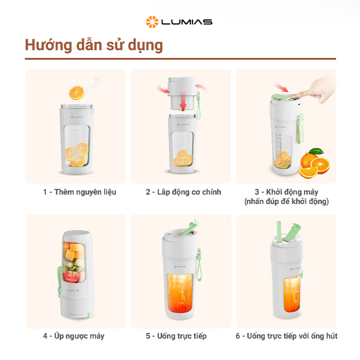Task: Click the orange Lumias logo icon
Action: (x=152, y=22)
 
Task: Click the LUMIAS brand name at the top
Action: (x=187, y=22)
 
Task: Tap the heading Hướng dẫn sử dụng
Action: (x=94, y=45)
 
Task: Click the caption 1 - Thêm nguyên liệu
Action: (x=79, y=192)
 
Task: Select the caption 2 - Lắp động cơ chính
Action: (x=183, y=192)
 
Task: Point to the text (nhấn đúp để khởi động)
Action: (x=287, y=201)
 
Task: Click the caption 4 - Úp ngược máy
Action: (x=74, y=336)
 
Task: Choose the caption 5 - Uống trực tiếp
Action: (x=176, y=336)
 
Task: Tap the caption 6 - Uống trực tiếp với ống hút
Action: (x=287, y=336)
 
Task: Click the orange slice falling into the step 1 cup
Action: (x=77, y=92)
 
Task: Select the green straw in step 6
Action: (x=279, y=232)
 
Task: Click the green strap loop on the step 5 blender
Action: (x=199, y=265)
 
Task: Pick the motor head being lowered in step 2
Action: (x=182, y=93)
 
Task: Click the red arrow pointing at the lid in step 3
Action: (x=282, y=88)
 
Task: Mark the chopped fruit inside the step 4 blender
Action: (x=74, y=262)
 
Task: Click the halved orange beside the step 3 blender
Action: (x=320, y=164)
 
